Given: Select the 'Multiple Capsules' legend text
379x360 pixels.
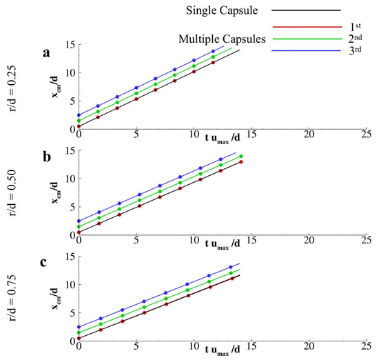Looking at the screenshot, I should coord(221,40).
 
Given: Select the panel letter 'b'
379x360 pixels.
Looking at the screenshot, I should coord(48,156).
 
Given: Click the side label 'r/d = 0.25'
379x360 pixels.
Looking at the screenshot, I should coord(15,88).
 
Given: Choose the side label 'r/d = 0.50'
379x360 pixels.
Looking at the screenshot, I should coord(15,194).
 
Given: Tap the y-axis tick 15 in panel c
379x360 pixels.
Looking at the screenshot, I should coord(67,257).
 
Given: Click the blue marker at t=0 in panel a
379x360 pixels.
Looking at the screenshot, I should coord(79,115).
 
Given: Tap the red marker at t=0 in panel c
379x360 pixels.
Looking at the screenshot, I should coord(79,339).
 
